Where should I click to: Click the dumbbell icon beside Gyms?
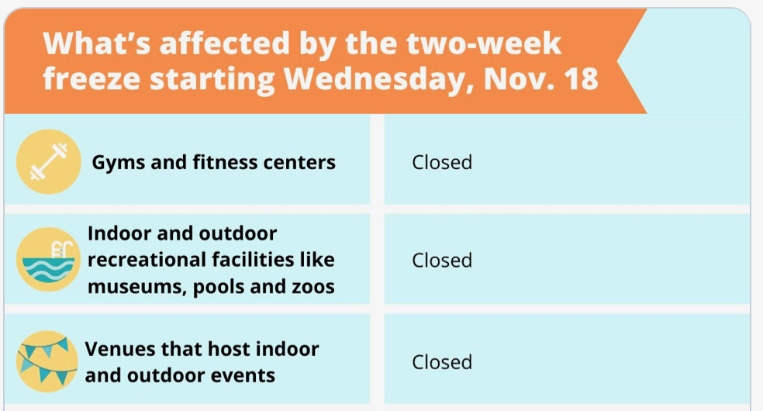point(48,161)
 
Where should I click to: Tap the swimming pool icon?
point(48,260)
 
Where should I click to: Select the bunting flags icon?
point(47,362)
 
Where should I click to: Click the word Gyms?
point(118,163)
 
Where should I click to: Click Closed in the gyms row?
point(442,162)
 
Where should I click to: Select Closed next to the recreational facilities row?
point(442,261)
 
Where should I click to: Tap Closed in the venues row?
point(442,362)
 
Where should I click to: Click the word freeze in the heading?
point(91,79)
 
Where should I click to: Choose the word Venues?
point(119,349)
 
